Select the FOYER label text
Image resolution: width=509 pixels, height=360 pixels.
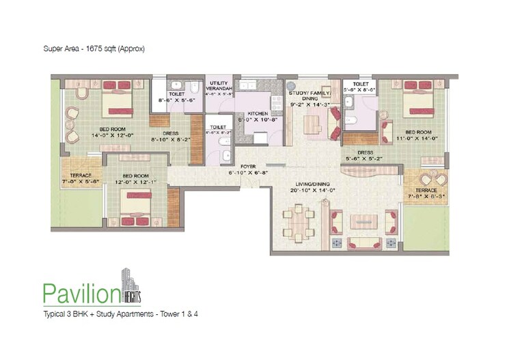(247, 167)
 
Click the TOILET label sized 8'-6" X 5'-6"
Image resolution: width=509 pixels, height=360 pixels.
(176, 98)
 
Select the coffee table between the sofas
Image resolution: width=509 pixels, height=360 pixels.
(359, 221)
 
